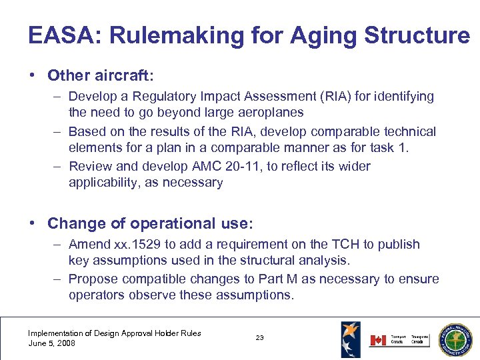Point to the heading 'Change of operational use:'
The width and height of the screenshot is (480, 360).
click(x=150, y=223)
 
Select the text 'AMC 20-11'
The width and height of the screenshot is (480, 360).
click(x=214, y=166)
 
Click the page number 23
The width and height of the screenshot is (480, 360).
click(x=259, y=338)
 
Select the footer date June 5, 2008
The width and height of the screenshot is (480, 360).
click(x=51, y=343)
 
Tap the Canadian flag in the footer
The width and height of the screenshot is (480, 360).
click(x=378, y=340)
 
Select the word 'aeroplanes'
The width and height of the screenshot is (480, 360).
click(x=271, y=113)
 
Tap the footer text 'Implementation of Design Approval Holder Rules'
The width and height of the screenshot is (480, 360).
click(x=114, y=333)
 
